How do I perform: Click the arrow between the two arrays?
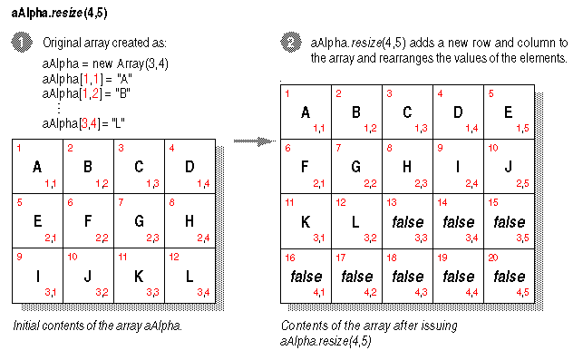(253, 141)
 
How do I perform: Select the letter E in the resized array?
(507, 112)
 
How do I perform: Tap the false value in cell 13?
(406, 220)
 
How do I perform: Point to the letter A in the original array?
(36, 167)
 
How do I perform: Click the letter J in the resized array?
(507, 167)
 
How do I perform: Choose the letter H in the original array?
(189, 220)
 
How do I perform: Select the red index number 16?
(291, 257)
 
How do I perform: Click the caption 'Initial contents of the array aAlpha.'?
(97, 325)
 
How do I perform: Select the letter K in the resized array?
(305, 220)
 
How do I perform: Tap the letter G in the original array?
(139, 220)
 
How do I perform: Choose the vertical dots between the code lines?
(58, 108)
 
